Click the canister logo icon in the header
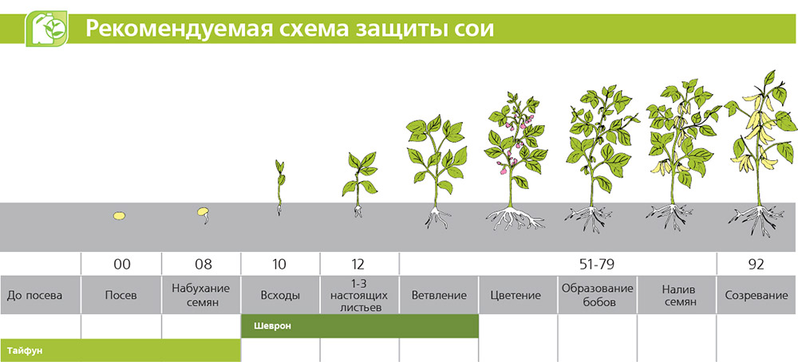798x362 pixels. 47,29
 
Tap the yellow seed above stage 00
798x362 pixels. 119,215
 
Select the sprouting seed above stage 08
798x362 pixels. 203,214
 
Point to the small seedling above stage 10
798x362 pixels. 279,187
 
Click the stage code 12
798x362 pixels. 359,265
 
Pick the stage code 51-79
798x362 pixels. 597,265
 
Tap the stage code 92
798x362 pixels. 757,265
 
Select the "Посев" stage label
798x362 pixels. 121,295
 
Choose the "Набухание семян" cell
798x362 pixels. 201,295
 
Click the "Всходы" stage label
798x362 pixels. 280,295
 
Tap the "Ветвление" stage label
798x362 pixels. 439,295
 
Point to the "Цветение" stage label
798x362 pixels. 516,295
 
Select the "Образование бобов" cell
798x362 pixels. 598,295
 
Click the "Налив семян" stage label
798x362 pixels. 677,295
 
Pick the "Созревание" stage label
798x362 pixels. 757,295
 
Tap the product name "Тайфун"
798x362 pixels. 25,351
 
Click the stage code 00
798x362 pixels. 122,265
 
